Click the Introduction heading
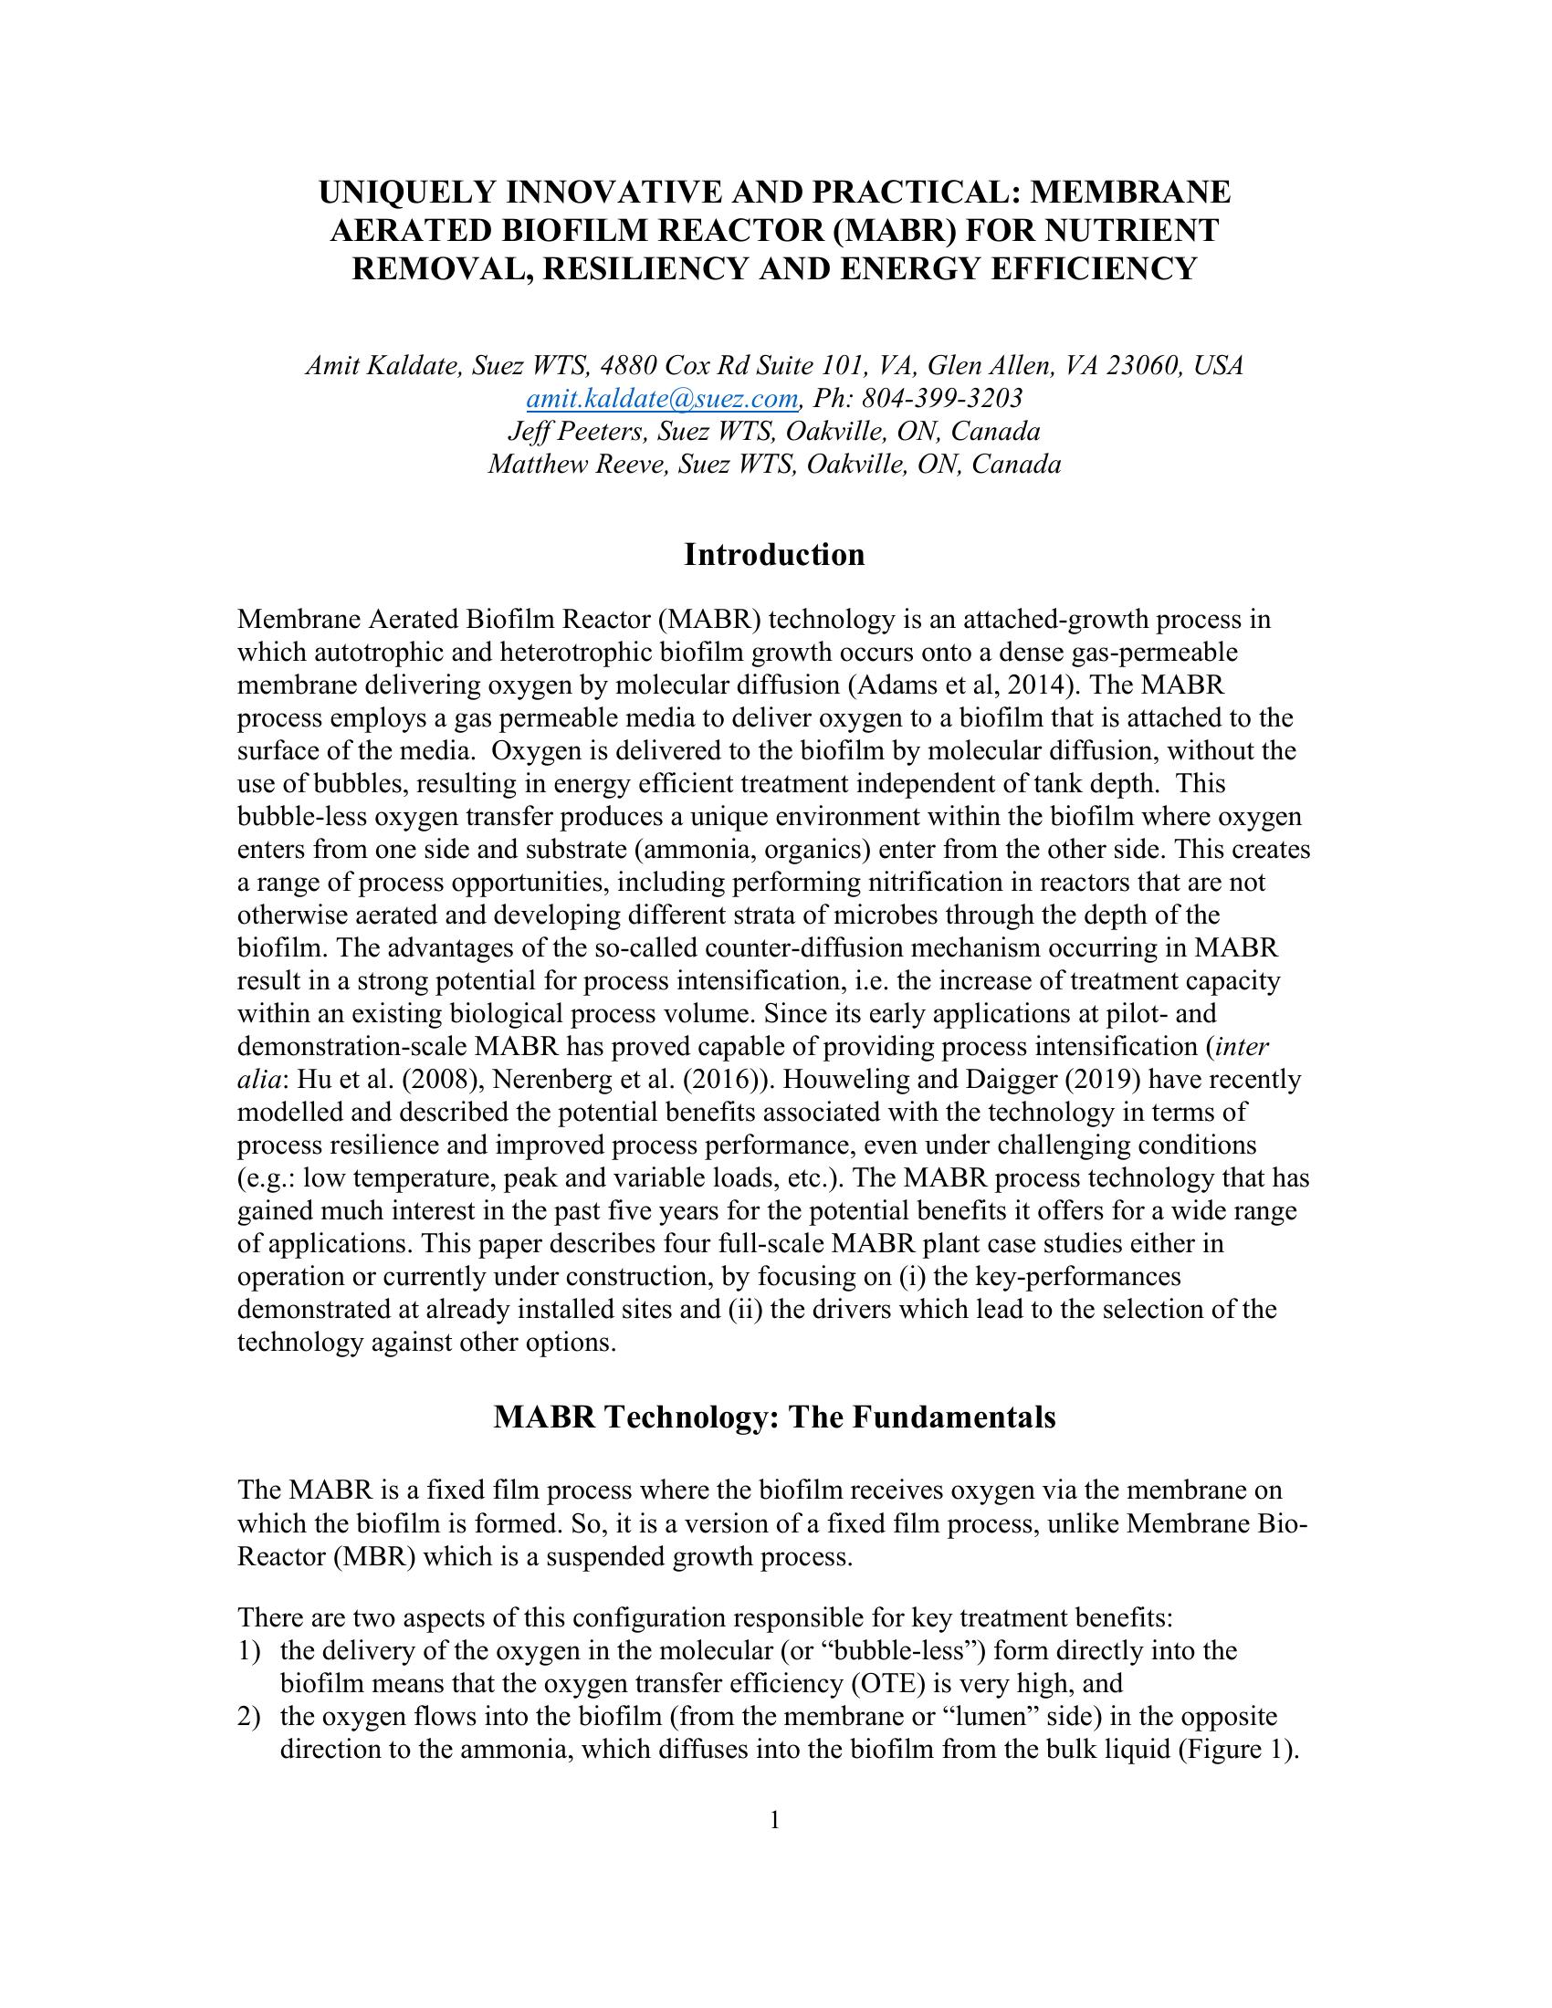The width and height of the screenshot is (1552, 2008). (x=774, y=555)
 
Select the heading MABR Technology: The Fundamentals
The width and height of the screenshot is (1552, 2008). (x=774, y=1417)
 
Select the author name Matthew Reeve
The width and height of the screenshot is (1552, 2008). (x=578, y=465)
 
